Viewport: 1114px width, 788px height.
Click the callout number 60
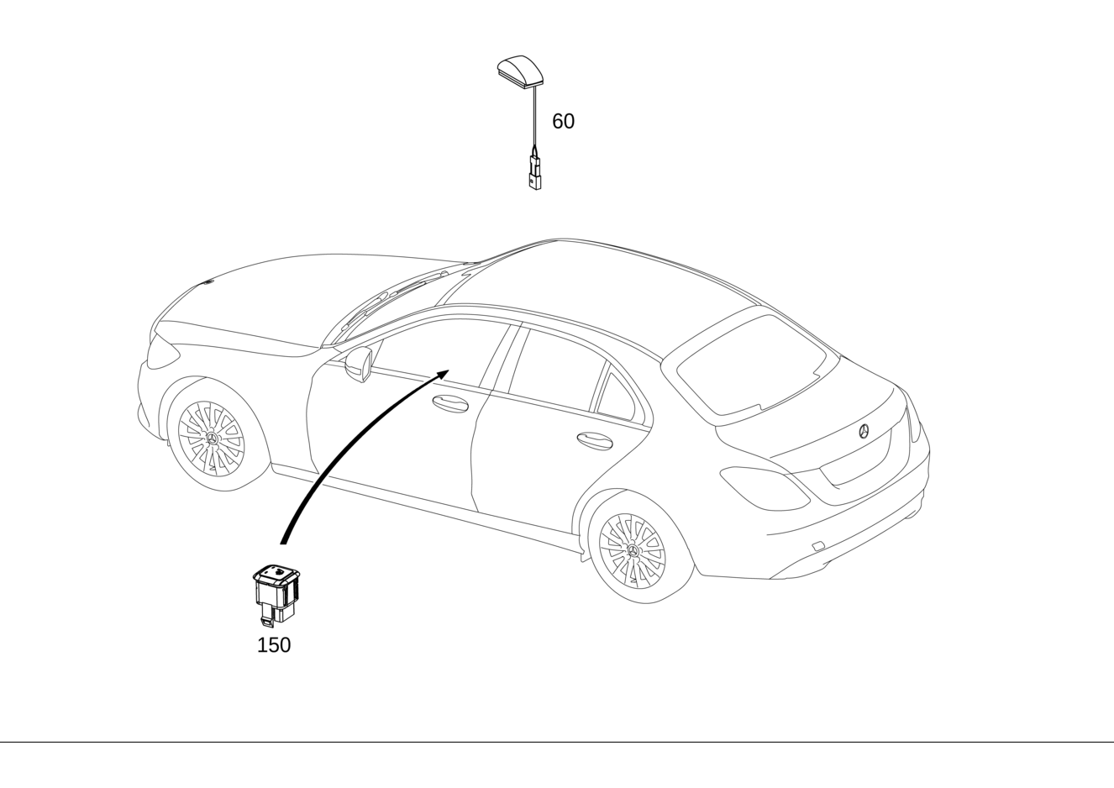563,121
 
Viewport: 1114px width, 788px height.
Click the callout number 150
274,645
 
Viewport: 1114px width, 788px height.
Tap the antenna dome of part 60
520,69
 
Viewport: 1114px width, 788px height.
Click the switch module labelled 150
276,595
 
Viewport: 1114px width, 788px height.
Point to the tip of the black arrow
449,370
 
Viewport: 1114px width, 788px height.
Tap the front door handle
450,403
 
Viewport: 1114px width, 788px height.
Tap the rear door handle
595,441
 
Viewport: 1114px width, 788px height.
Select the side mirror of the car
359,365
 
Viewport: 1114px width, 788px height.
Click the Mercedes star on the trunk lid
864,431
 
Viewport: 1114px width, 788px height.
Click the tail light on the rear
765,488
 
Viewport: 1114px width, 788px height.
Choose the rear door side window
556,370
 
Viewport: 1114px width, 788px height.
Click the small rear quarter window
616,397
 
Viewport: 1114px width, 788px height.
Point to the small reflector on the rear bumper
817,546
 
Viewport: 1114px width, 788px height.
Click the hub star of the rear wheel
633,551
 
